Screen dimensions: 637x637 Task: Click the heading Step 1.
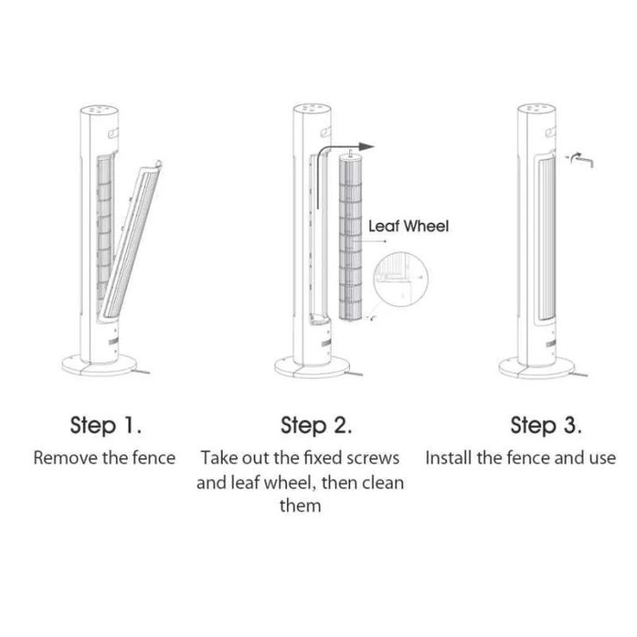(x=105, y=426)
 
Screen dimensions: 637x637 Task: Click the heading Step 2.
(x=316, y=426)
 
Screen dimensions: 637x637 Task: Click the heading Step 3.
(x=546, y=426)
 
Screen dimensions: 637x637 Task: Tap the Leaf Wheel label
(x=408, y=226)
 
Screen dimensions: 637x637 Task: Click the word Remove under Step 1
(x=65, y=458)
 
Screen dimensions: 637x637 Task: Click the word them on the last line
(x=300, y=505)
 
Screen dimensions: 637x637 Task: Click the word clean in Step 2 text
(x=383, y=483)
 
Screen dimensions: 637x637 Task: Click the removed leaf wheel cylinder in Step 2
(x=350, y=236)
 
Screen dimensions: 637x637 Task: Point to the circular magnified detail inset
(x=401, y=280)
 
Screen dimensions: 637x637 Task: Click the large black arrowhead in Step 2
(x=367, y=147)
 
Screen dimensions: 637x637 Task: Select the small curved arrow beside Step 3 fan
(x=581, y=160)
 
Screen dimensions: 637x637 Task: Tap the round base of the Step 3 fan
(x=537, y=368)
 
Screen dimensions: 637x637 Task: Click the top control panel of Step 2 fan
(x=312, y=109)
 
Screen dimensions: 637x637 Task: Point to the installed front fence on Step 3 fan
(x=547, y=239)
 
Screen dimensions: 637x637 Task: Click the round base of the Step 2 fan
(x=312, y=367)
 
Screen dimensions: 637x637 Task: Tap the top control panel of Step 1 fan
(x=99, y=110)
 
